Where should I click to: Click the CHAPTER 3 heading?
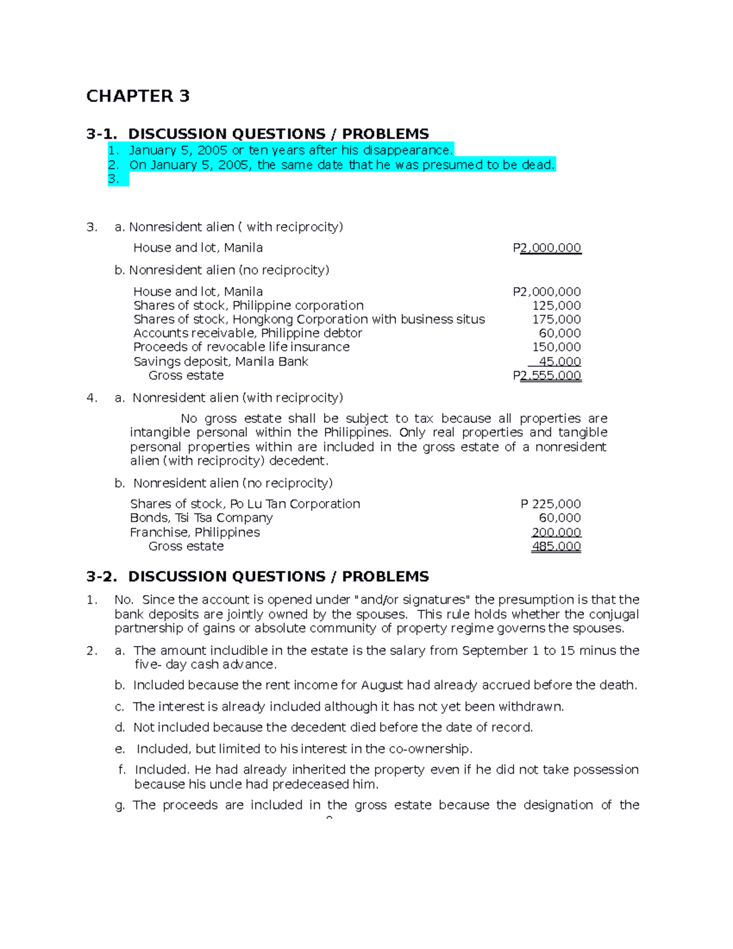coord(137,96)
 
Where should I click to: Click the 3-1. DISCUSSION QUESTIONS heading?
coord(257,134)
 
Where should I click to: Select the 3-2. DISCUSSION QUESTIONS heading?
coord(257,576)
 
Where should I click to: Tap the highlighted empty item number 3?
coord(114,179)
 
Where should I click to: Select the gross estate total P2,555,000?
coord(547,376)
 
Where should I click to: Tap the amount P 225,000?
coord(550,504)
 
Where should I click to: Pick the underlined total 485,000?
coord(556,546)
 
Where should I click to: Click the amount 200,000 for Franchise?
coord(556,532)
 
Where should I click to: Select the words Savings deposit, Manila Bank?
coord(221,362)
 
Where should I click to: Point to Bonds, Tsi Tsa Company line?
coord(201,518)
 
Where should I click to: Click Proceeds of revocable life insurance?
coord(241,347)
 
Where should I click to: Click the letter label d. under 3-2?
coord(120,728)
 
